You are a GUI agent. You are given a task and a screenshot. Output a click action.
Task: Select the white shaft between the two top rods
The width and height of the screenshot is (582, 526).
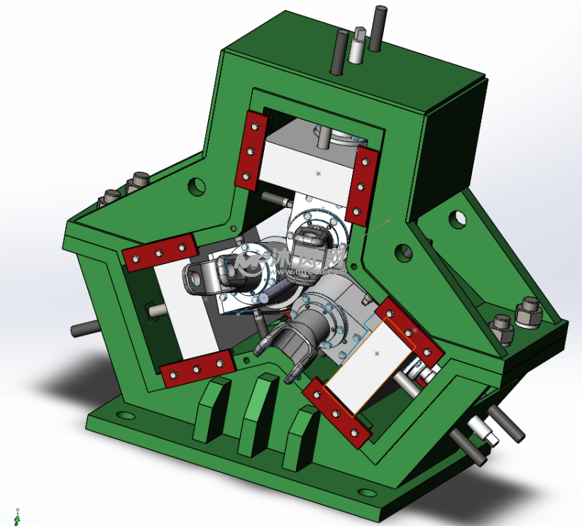coord(357,46)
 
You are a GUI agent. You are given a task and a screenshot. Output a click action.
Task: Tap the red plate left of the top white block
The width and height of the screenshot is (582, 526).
coord(251,150)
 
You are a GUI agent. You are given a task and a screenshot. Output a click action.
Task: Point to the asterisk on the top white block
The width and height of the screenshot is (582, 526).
coord(317,173)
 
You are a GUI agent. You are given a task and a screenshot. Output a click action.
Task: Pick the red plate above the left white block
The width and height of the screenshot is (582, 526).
coord(160,252)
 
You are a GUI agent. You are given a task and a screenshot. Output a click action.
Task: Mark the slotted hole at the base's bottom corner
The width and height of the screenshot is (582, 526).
coord(367,493)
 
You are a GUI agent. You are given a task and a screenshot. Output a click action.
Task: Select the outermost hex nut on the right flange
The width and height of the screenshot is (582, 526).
coord(528,312)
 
